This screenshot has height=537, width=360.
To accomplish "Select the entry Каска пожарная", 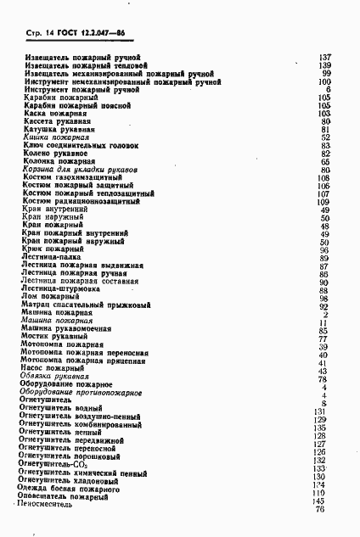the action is pos(54,113).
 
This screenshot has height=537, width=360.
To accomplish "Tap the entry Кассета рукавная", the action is pos(59,121).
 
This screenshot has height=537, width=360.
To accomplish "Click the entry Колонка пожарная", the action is pos(59,161).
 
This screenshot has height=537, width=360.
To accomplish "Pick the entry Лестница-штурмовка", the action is pos(62,289).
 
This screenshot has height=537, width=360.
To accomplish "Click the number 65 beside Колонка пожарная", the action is pos(325,161).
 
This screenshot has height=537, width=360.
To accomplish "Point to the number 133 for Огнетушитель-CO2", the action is pos(320,468).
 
